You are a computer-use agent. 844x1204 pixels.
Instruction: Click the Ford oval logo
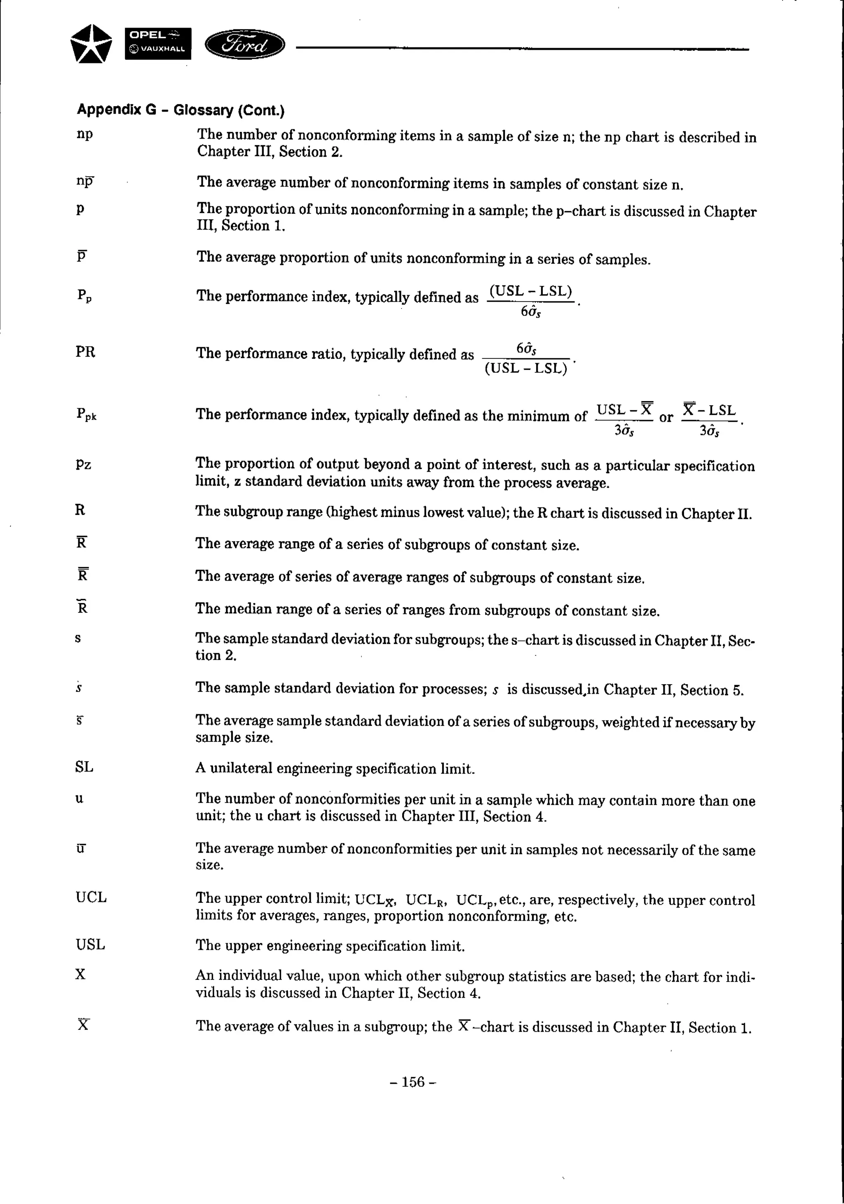244,44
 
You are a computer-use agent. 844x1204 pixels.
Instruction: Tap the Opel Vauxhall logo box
158,44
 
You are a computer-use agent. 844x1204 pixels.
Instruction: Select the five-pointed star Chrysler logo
91,44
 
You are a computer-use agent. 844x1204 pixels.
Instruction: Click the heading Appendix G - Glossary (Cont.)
181,110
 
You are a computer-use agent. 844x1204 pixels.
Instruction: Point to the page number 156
413,1082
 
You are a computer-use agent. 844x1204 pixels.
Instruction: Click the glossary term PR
85,352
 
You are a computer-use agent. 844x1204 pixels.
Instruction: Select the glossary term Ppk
86,414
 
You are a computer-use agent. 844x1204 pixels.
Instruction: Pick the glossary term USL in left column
90,944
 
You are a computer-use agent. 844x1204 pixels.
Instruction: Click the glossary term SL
84,767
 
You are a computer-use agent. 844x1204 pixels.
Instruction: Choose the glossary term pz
83,464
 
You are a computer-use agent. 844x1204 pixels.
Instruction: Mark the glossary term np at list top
84,134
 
